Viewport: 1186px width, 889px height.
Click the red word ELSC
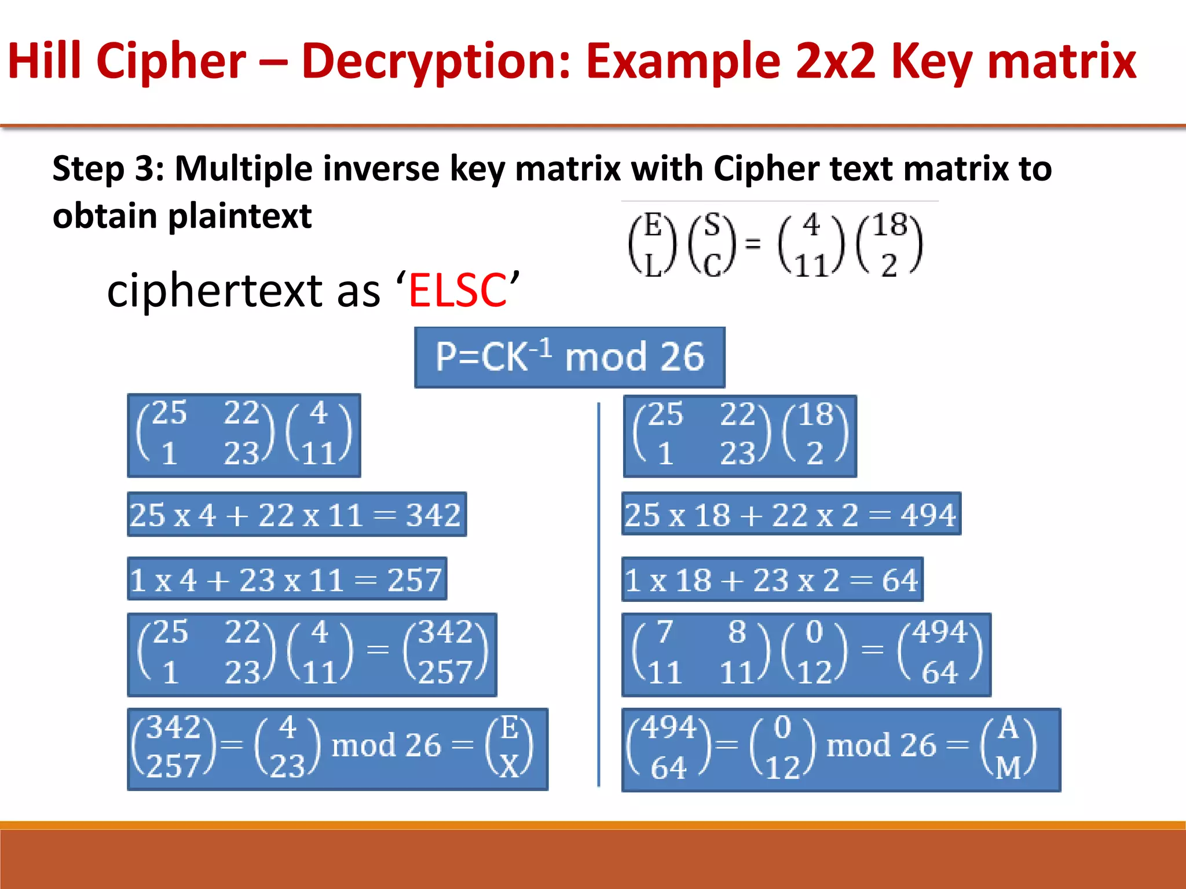(457, 290)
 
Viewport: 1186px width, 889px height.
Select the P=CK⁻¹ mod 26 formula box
(569, 357)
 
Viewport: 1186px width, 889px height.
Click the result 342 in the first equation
(433, 515)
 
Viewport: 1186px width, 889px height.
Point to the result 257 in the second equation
(414, 579)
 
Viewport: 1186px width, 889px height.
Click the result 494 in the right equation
(928, 515)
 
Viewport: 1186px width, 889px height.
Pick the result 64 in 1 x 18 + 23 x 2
(899, 580)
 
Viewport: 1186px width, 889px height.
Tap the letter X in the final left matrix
(510, 767)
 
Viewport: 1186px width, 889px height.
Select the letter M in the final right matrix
(1008, 768)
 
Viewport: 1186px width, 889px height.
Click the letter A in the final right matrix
(1008, 728)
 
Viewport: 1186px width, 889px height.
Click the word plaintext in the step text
(240, 216)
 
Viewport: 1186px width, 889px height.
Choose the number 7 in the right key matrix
(664, 631)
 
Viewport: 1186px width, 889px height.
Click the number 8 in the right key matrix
(737, 631)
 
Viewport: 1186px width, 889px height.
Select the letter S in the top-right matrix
(712, 225)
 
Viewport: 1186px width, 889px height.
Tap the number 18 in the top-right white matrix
(889, 225)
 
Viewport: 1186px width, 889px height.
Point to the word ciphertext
(215, 290)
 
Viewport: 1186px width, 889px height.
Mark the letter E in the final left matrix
(510, 728)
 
